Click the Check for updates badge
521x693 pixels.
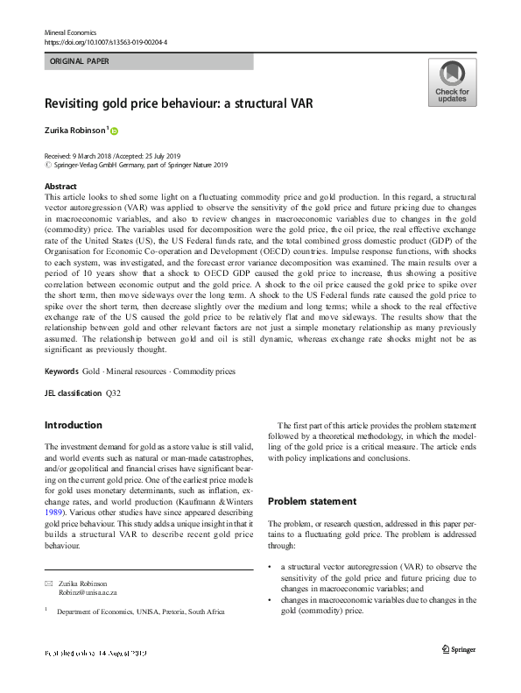(x=452, y=82)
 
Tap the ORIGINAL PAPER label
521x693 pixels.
(x=81, y=62)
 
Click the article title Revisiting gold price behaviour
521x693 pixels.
(x=178, y=103)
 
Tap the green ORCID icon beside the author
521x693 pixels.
(x=114, y=131)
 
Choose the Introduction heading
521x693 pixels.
(x=73, y=425)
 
